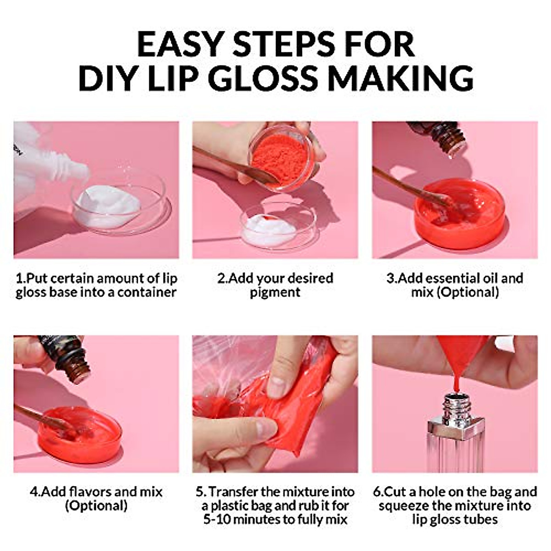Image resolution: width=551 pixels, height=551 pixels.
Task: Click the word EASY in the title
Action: (181, 45)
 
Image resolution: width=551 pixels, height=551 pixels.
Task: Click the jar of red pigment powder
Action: (281, 159)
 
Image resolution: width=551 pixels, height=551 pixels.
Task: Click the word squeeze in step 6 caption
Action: (404, 506)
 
